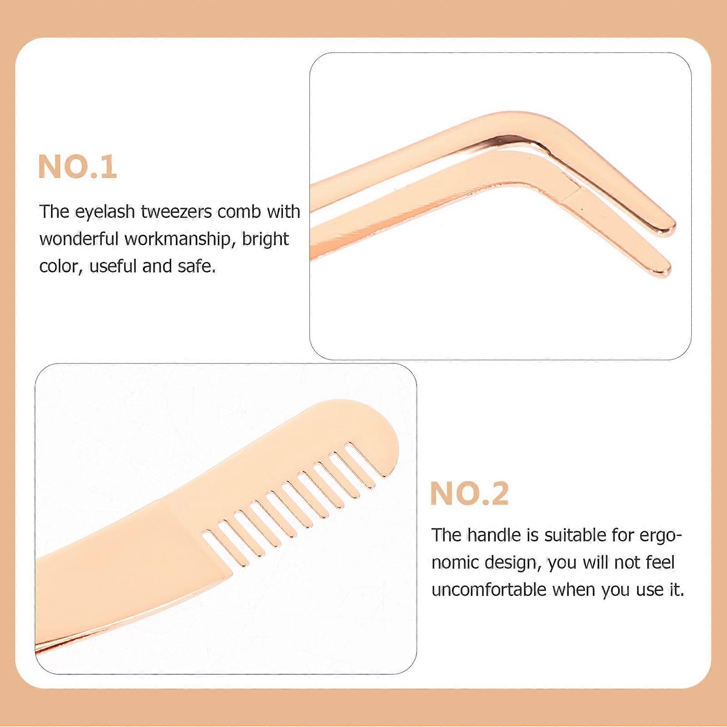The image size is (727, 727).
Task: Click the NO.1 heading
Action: pyautogui.click(x=77, y=167)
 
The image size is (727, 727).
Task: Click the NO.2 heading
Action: pyautogui.click(x=469, y=493)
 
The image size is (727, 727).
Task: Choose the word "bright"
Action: pyautogui.click(x=265, y=239)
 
